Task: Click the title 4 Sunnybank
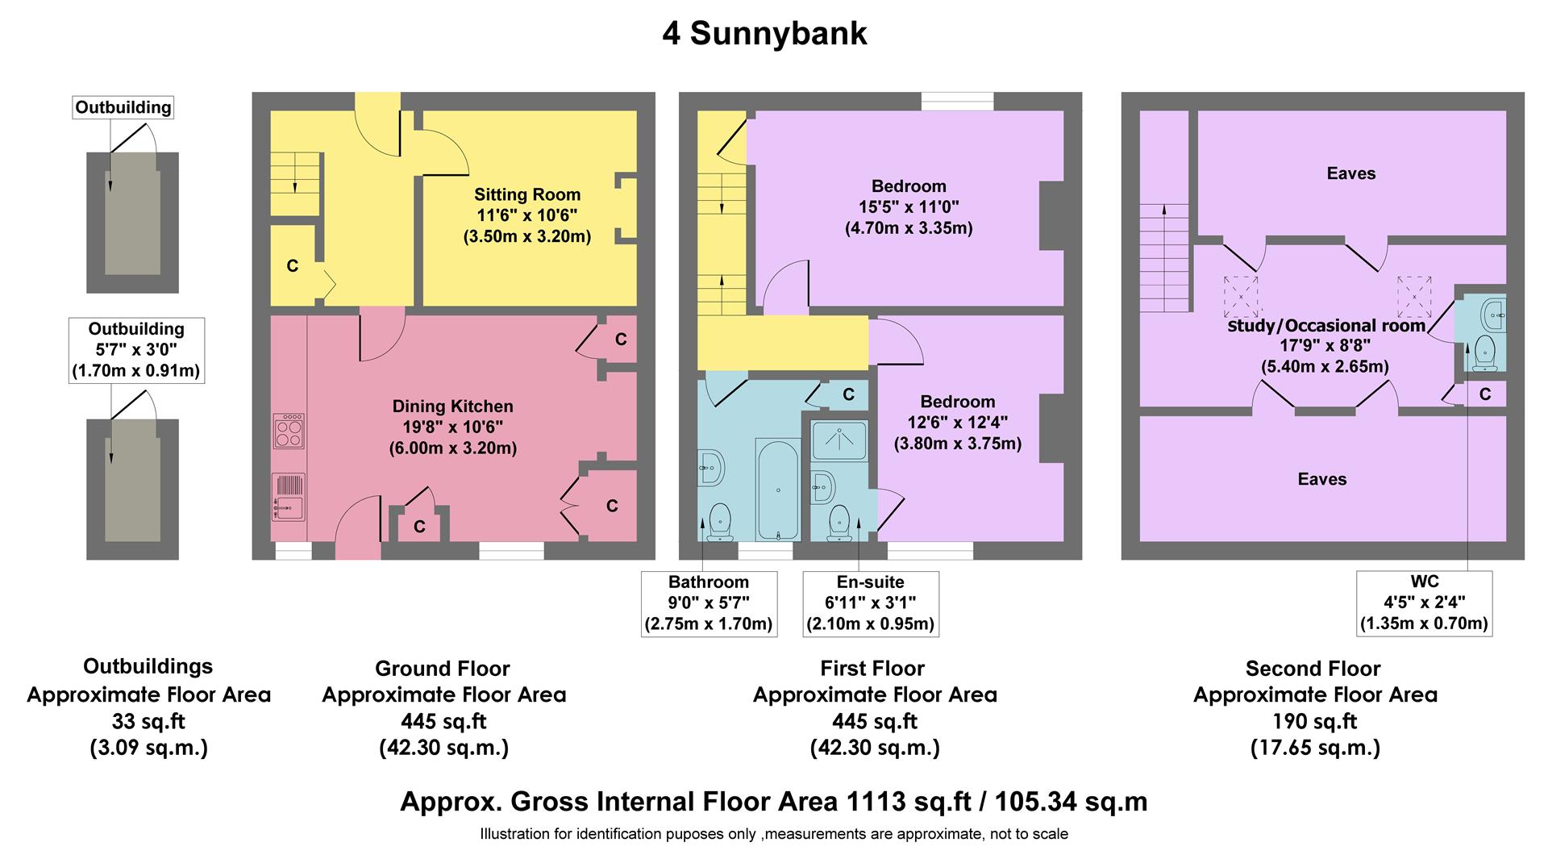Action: point(764,34)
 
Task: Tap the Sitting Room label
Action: point(526,194)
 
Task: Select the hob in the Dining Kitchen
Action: point(289,431)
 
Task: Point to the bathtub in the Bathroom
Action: point(777,490)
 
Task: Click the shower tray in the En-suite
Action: point(840,440)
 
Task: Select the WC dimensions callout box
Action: point(1424,603)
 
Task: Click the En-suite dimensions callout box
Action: point(871,603)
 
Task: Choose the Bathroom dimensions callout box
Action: point(709,603)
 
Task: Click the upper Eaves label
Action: point(1351,173)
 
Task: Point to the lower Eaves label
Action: point(1322,479)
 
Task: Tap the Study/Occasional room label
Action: point(1325,326)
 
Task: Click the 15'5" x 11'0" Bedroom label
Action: point(909,206)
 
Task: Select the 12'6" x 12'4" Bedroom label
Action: point(957,423)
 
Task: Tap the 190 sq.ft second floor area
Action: point(1315,721)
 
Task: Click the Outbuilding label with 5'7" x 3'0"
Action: point(136,350)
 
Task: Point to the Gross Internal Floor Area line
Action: point(773,802)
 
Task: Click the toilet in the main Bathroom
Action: point(719,520)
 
